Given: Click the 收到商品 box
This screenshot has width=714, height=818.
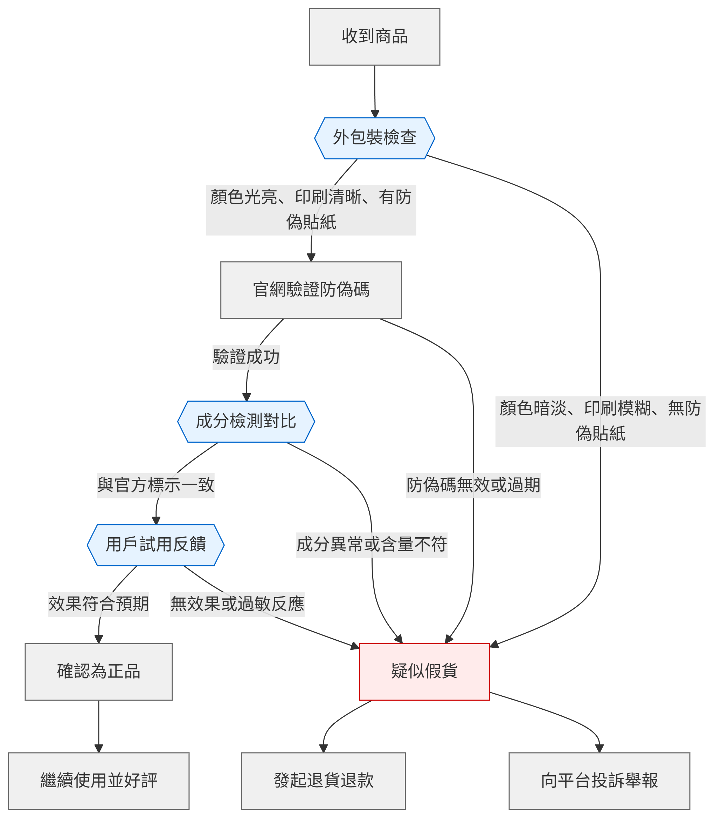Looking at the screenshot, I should (375, 37).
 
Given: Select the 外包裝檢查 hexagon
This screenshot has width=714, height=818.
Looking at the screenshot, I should (375, 138).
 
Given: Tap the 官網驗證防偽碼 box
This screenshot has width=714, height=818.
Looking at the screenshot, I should (311, 290).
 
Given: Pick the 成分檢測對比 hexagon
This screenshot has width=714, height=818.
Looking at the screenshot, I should (246, 422).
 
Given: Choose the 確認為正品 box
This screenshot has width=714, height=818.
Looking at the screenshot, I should (98, 672).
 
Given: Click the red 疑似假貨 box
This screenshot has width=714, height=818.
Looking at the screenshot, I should (424, 672).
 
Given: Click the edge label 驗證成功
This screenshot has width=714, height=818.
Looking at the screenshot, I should (246, 357).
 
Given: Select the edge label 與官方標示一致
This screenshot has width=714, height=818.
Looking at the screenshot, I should (155, 485).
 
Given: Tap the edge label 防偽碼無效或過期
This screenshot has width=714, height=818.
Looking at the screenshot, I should (473, 485).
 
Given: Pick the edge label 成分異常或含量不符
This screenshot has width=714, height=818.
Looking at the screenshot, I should (372, 545).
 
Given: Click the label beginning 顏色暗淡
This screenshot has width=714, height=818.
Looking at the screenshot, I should (600, 421).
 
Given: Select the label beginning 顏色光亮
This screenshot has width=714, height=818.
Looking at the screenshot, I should (311, 210).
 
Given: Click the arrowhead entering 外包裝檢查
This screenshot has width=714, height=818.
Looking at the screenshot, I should (375, 114).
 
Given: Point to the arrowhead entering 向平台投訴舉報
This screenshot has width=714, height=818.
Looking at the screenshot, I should (599, 749).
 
